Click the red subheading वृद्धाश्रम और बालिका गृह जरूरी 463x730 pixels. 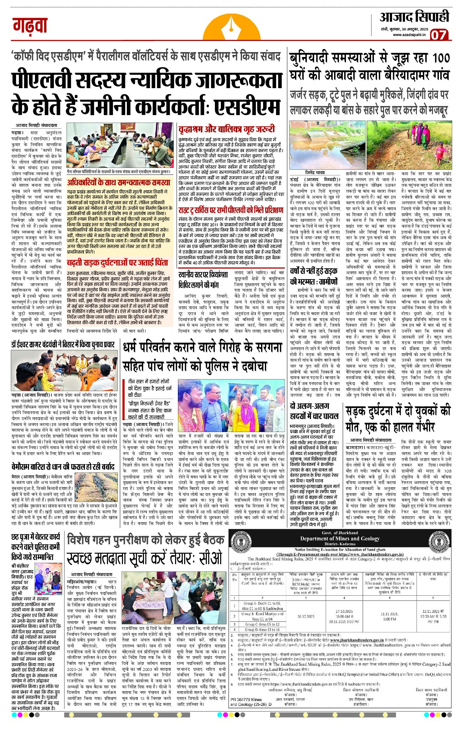tap(226, 129)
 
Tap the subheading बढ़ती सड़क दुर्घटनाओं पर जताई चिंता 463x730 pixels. tap(117, 262)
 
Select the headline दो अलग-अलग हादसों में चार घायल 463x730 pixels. tap(314, 411)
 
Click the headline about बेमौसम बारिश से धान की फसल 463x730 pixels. tap(63, 466)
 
